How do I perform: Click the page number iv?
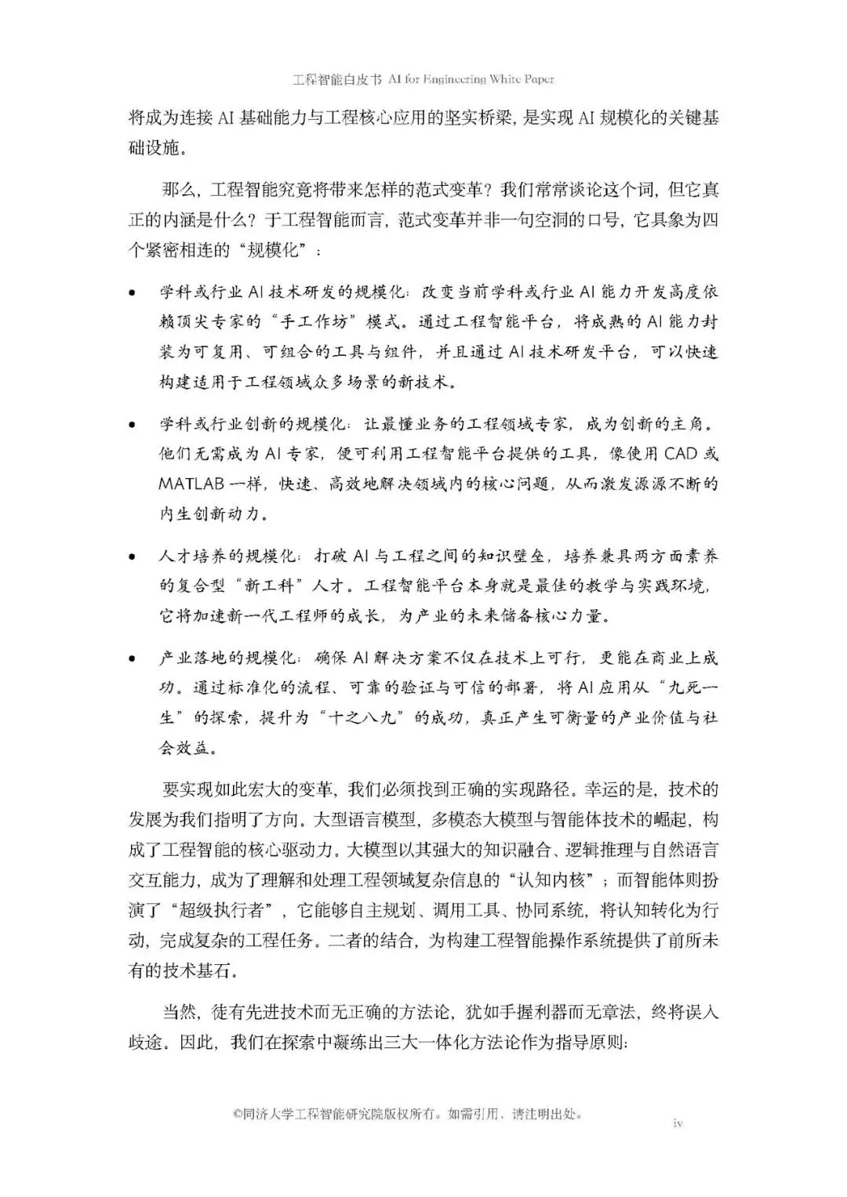click(x=678, y=1123)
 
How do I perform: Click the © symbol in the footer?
click(x=238, y=1114)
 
